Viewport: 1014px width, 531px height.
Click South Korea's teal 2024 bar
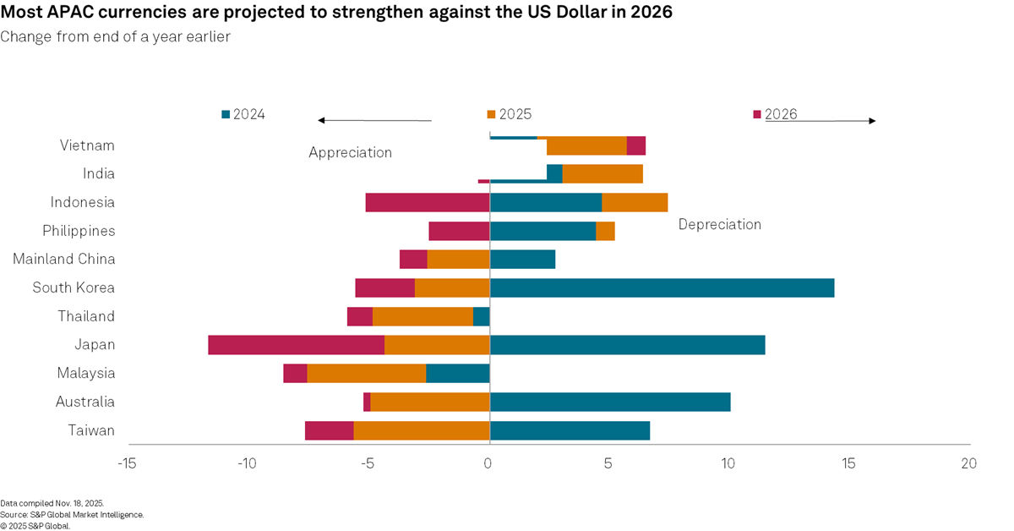click(662, 287)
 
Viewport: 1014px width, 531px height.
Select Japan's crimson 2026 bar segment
click(296, 345)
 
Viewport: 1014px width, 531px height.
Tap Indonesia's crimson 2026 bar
click(428, 202)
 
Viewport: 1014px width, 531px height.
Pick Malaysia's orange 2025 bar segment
click(366, 373)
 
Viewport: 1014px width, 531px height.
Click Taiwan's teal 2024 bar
click(570, 430)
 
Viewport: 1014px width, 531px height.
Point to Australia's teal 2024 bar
click(610, 402)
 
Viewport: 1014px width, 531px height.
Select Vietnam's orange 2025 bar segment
click(586, 145)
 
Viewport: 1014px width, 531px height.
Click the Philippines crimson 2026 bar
click(459, 231)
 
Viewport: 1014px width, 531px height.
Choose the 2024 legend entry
click(243, 114)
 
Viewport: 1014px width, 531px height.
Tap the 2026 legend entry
click(775, 114)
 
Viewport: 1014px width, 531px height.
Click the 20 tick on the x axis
click(968, 463)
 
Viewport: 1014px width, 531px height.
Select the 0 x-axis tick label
click(488, 463)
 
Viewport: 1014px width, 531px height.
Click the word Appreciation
click(350, 152)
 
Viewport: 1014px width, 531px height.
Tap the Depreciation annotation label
click(719, 224)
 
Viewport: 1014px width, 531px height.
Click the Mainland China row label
click(63, 259)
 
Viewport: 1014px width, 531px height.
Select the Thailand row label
click(86, 316)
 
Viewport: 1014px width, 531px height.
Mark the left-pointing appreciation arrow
click(374, 121)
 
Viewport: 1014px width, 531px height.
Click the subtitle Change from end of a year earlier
click(115, 36)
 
